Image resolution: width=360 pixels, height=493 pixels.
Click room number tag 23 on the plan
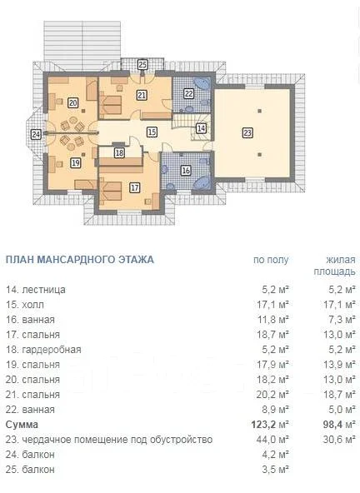click(x=247, y=133)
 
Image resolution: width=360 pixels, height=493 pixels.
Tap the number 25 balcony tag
click(x=142, y=65)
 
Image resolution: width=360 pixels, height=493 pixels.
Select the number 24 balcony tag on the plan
click(x=36, y=135)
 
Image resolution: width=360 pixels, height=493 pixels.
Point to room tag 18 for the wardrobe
click(x=119, y=153)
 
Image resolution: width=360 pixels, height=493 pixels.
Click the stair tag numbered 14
click(x=201, y=128)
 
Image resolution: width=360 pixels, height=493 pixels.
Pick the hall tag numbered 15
click(x=152, y=132)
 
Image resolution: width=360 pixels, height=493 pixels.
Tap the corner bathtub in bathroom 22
click(x=202, y=83)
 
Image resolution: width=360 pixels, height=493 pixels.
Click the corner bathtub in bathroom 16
click(x=202, y=182)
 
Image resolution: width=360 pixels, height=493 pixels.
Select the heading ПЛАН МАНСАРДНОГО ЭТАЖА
click(x=80, y=260)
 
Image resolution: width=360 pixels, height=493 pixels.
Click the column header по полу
click(x=271, y=260)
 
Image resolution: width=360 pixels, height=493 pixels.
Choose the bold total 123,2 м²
click(x=270, y=425)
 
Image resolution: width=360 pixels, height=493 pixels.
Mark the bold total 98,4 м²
click(x=339, y=425)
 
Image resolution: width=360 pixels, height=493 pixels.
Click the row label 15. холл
click(x=25, y=304)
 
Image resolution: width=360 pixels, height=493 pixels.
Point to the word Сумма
click(x=22, y=425)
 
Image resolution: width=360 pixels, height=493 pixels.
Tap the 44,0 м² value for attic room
click(x=272, y=439)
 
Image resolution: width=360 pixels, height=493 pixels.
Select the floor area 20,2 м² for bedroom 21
click(x=272, y=394)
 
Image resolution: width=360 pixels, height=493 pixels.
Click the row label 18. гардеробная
click(x=43, y=349)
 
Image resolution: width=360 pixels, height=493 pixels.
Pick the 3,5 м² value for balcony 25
click(x=275, y=470)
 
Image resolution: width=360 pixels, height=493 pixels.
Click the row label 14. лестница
click(x=36, y=289)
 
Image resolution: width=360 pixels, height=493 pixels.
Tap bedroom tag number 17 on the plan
click(x=135, y=187)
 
